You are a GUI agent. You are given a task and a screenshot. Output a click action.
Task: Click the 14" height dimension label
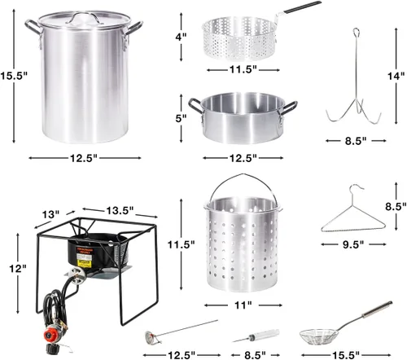(x=396, y=76)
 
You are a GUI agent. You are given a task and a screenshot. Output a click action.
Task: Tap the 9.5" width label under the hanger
(x=353, y=244)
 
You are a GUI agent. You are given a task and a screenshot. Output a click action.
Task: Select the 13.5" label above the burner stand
(x=120, y=210)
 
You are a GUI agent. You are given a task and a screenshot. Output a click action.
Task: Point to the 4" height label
(x=181, y=37)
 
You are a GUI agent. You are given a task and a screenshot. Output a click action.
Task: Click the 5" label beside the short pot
(x=181, y=118)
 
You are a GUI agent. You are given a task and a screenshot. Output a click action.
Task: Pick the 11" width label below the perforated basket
(x=243, y=305)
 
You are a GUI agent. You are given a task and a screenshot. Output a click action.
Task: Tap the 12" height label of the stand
(x=18, y=269)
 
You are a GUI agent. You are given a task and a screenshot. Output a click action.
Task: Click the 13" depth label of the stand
(x=50, y=214)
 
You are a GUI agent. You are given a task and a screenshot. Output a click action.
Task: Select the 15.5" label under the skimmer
(x=346, y=354)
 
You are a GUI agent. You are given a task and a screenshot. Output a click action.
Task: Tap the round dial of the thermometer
(x=150, y=337)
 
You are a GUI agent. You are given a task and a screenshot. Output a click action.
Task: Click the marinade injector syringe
(x=256, y=336)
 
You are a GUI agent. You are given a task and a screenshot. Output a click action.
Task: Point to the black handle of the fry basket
(x=302, y=7)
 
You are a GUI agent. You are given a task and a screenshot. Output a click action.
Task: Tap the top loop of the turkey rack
(x=356, y=33)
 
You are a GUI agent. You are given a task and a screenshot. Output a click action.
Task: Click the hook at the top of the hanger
(x=355, y=189)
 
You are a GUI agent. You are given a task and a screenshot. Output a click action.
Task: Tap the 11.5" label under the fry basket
(x=243, y=69)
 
